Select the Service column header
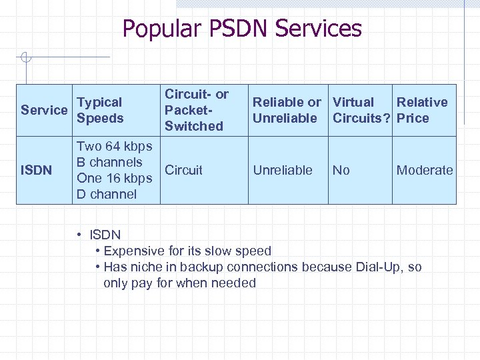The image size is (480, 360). [44, 111]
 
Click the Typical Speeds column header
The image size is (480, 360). [100, 111]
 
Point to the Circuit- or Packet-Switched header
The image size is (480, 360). [196, 110]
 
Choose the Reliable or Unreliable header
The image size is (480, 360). [286, 111]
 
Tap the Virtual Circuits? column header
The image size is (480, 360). [361, 111]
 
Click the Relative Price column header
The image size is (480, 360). [421, 111]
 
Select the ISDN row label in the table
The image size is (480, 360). [36, 171]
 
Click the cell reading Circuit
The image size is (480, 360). [183, 170]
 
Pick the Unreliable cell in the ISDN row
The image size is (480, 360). [283, 170]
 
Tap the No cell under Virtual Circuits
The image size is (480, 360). [341, 170]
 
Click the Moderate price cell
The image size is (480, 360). [425, 170]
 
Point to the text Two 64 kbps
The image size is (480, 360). [114, 146]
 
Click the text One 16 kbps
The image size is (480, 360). [114, 178]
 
